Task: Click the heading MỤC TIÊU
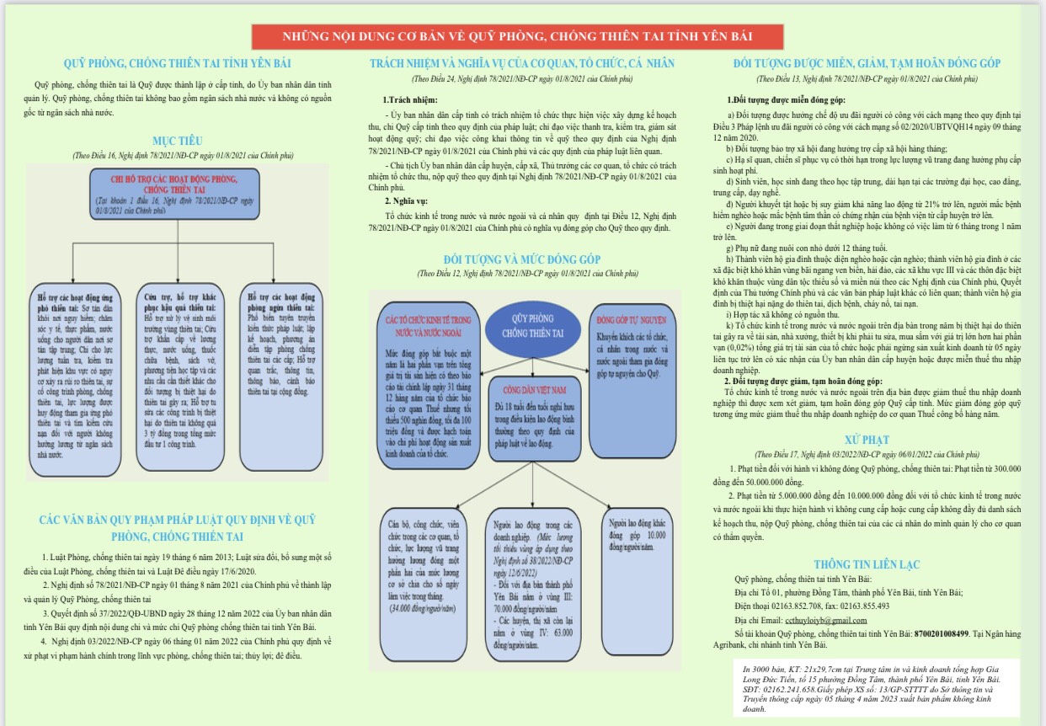pos(177,141)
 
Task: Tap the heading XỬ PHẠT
pos(867,440)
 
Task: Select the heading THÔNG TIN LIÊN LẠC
pos(867,564)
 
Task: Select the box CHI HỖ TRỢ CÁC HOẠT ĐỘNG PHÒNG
pos(174,195)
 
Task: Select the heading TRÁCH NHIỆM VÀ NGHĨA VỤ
pos(522,63)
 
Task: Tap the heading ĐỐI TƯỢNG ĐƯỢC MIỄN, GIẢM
pos(867,63)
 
